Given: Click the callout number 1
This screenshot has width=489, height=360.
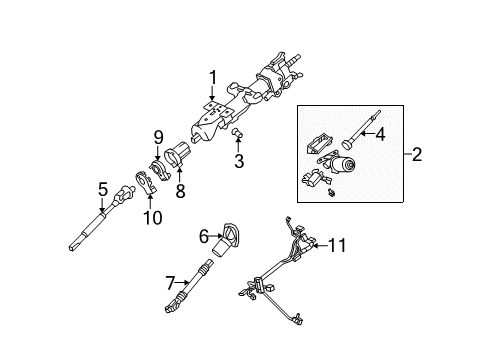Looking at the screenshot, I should coord(212,78).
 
